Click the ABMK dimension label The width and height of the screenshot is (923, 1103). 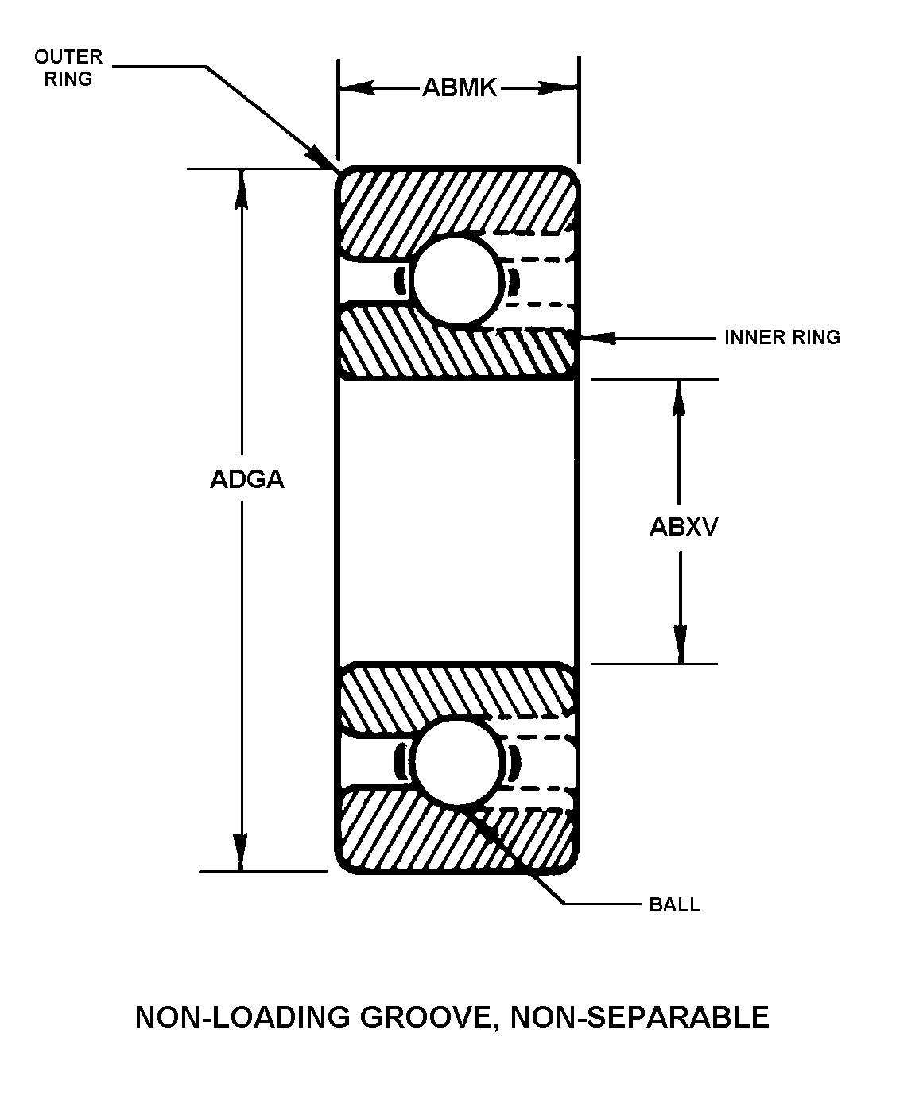pos(459,87)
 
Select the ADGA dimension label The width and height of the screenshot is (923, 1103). pos(246,480)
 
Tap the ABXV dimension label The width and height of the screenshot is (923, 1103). pos(683,527)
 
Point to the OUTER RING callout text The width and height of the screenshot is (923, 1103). pos(68,68)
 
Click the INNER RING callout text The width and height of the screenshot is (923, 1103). pos(781,338)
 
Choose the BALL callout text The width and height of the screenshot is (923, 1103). pos(674,905)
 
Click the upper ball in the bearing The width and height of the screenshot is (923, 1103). pos(458,281)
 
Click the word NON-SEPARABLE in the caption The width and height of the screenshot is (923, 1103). pos(640,1018)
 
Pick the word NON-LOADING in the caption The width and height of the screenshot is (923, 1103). pos(243,1018)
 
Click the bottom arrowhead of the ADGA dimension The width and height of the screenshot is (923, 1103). pos(241,854)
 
